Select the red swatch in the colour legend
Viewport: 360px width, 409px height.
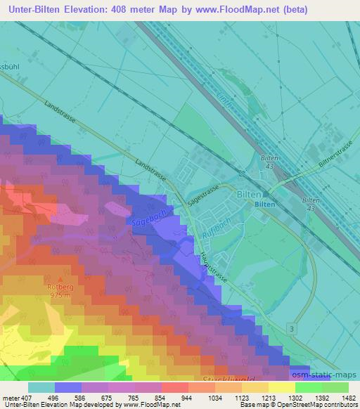tap(175, 387)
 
